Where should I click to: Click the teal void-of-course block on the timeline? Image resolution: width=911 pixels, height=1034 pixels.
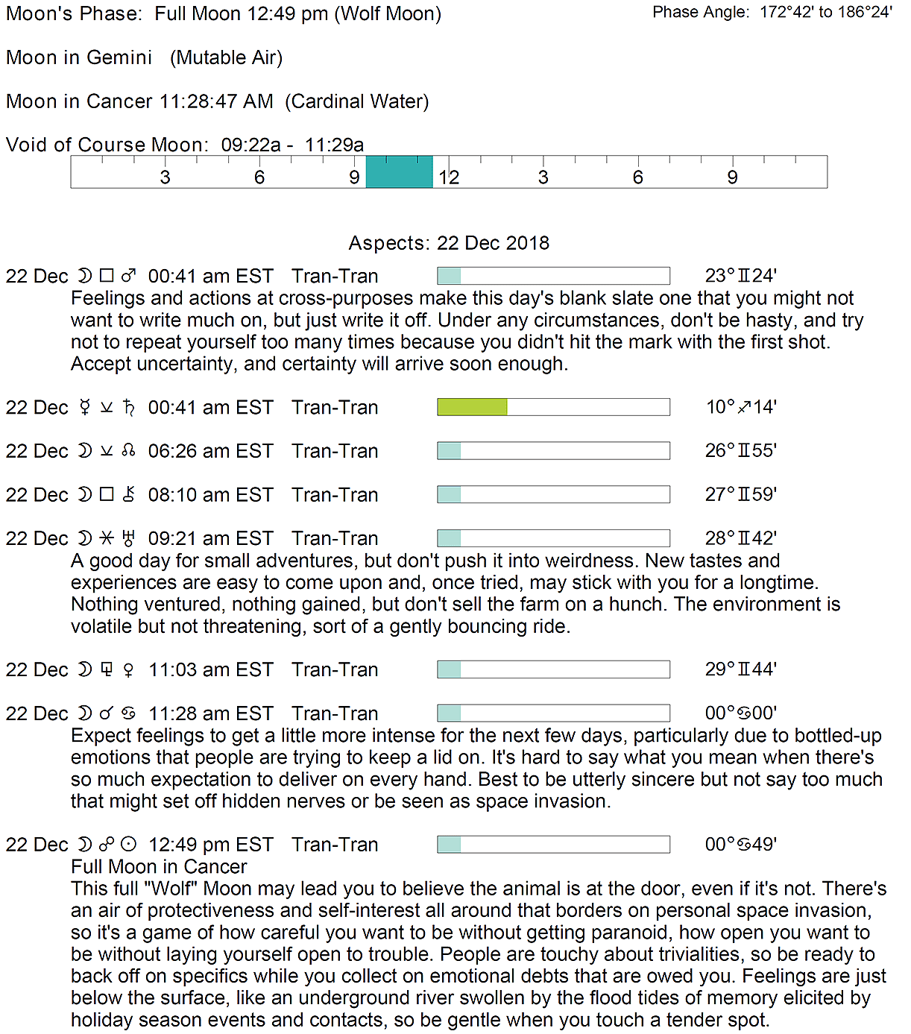[x=399, y=172]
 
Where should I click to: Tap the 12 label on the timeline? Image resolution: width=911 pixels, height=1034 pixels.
[x=449, y=177]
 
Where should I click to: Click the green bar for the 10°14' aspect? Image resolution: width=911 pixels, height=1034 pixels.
[x=472, y=407]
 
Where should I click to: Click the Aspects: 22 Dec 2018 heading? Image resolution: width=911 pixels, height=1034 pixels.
[x=449, y=243]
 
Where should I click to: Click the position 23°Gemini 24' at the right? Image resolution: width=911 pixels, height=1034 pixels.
[x=740, y=276]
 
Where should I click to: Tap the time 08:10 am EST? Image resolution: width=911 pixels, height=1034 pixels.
[x=210, y=495]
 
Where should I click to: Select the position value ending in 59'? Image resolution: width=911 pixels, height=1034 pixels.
[x=740, y=495]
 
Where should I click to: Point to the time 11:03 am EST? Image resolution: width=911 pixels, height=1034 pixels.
[x=210, y=670]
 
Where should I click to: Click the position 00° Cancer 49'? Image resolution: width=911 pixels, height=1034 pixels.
[x=740, y=845]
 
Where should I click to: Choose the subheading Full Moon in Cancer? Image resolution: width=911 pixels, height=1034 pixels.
[x=159, y=867]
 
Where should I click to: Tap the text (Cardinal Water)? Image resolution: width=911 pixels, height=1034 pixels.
[x=356, y=101]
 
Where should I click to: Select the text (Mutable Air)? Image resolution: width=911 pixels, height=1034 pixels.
[x=226, y=57]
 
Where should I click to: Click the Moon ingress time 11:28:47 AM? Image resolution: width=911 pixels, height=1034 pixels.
[x=215, y=101]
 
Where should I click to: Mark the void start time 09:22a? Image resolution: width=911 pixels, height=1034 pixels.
[x=250, y=145]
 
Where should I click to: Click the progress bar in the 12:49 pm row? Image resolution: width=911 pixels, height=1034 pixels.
[x=553, y=845]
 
